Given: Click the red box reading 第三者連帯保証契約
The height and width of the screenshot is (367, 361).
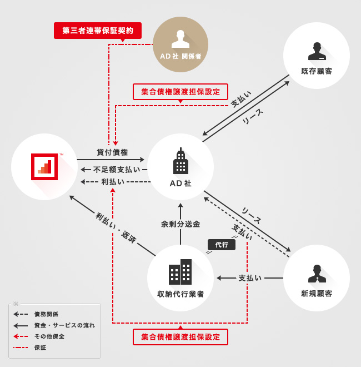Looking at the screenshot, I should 98,31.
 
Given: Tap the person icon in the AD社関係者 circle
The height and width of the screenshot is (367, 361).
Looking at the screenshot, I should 180,38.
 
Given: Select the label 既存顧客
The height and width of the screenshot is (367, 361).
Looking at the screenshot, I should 317,71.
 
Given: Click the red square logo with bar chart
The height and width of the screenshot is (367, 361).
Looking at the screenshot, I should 44,166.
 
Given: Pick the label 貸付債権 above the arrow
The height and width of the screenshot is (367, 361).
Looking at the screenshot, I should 112,152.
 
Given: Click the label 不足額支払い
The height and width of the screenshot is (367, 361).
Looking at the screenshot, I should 117,170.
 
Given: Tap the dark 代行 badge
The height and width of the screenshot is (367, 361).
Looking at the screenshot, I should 222,244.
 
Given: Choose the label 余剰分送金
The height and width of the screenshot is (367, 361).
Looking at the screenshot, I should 180,224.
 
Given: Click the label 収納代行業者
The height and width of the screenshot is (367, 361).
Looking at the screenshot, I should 180,294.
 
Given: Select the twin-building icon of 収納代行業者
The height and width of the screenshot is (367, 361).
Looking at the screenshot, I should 180,272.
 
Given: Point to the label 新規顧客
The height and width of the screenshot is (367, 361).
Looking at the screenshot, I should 317,294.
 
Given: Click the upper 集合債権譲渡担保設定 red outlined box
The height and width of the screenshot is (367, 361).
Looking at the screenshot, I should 180,91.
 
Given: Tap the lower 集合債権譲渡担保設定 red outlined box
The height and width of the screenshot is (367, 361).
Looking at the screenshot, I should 180,336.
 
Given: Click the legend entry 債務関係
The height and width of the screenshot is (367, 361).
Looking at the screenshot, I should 46,314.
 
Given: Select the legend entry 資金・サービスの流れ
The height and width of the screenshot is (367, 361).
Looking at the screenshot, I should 64,325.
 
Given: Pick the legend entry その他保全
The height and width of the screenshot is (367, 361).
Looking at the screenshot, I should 49,336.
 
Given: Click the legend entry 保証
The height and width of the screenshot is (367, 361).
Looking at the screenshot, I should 40,348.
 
